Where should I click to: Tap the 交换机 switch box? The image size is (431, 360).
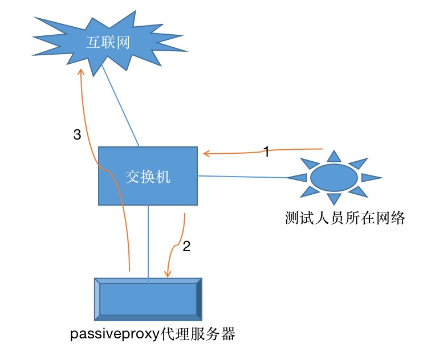click(148, 176)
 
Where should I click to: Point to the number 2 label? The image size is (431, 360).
click(186, 247)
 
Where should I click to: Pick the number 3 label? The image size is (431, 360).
click(78, 135)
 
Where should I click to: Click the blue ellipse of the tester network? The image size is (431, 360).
click(334, 177)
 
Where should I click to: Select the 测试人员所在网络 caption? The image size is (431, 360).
click(344, 218)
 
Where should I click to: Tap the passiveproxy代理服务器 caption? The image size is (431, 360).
click(152, 334)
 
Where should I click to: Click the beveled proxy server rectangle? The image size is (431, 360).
click(148, 298)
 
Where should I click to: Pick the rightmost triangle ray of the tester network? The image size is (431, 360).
click(371, 177)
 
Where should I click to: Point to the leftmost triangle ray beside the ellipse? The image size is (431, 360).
click(298, 178)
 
